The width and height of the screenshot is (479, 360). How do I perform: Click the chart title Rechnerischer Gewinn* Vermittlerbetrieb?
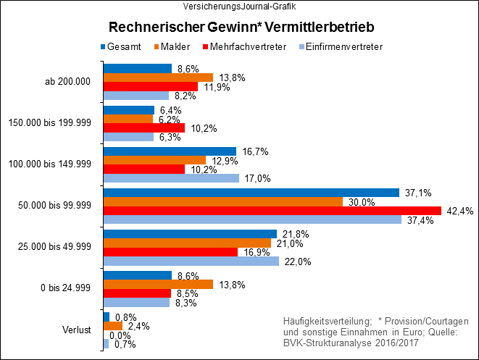(x=241, y=28)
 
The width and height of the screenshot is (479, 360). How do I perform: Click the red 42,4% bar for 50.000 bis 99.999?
(x=272, y=211)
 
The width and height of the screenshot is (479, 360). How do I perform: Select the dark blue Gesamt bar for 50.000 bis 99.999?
(x=251, y=193)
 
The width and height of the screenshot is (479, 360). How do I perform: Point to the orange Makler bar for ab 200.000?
(x=158, y=78)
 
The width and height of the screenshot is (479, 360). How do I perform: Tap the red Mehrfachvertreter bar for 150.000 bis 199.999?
(x=143, y=127)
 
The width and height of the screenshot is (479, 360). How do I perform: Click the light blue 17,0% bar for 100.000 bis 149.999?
(x=171, y=178)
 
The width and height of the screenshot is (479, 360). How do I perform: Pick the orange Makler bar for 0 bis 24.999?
(x=158, y=284)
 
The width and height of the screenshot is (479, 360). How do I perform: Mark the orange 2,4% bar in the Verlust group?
(x=112, y=326)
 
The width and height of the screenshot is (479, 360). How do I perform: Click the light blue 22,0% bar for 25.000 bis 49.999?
(x=191, y=261)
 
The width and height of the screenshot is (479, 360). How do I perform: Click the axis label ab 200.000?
(x=67, y=81)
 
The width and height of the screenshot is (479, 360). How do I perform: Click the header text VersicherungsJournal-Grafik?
(x=238, y=7)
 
